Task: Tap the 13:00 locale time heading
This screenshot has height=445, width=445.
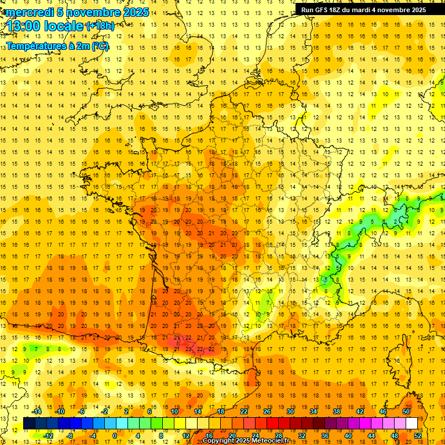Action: pos(45,26)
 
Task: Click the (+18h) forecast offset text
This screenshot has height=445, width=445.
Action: pos(100,25)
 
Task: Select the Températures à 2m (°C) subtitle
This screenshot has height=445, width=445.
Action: pos(57,46)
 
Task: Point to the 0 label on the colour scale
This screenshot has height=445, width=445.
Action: pos(115,436)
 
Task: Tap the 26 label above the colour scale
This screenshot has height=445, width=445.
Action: pos(267,411)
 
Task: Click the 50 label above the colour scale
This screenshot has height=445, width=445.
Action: pos(406,411)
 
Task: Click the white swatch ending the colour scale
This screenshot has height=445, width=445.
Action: pos(412,424)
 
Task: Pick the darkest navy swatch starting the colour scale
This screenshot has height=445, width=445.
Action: pos(30,424)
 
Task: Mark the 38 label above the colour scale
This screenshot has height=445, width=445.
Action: pos(337,411)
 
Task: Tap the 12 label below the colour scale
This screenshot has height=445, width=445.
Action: pos(186,436)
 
